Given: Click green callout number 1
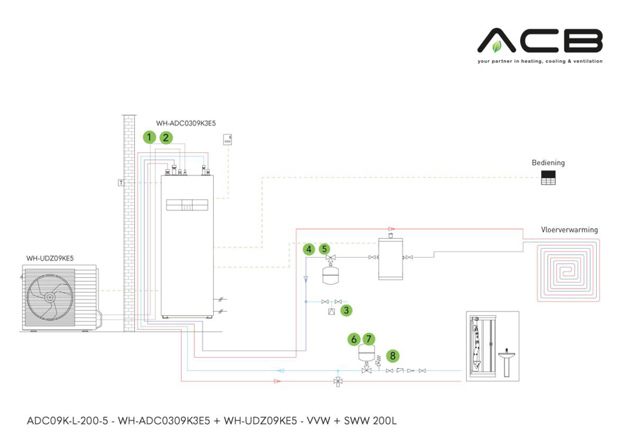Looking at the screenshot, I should click(149, 138).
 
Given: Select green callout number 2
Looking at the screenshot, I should click(166, 138).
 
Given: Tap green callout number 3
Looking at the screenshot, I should click(347, 310).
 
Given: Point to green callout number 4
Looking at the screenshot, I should click(308, 249).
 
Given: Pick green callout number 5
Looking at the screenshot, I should click(324, 249).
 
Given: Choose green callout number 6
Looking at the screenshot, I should click(354, 339).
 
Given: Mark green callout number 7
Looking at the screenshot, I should click(369, 339).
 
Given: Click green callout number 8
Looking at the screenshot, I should click(393, 356).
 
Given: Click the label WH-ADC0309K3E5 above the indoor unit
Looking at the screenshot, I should click(186, 123).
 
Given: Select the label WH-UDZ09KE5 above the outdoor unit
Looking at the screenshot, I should click(50, 258).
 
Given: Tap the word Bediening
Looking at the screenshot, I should click(548, 163).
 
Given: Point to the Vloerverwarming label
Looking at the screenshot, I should click(569, 230).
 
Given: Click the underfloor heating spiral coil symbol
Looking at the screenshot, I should click(567, 270).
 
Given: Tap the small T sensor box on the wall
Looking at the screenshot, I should click(121, 182).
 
